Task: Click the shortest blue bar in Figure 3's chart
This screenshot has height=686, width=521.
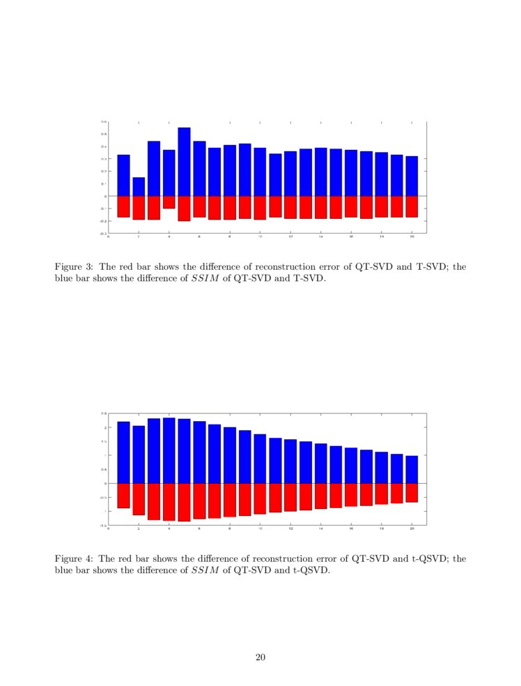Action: (x=139, y=187)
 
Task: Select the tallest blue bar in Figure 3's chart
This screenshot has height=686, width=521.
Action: (x=184, y=162)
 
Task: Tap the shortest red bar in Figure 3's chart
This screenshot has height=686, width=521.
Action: (x=169, y=202)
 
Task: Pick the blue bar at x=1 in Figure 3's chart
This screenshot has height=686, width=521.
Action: (x=123, y=176)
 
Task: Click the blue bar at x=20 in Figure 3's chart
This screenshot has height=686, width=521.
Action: (x=412, y=176)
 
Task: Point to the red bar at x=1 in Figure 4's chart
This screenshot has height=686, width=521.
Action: (x=123, y=495)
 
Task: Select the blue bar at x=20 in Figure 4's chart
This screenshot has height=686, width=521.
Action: (x=412, y=469)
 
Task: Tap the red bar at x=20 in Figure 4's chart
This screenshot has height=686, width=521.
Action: (x=412, y=492)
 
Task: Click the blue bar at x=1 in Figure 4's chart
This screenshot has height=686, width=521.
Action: (x=123, y=452)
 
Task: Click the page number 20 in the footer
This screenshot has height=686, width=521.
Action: (x=260, y=657)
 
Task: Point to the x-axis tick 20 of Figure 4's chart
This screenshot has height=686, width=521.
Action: (x=412, y=530)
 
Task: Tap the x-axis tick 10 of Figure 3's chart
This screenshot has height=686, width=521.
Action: (x=260, y=238)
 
